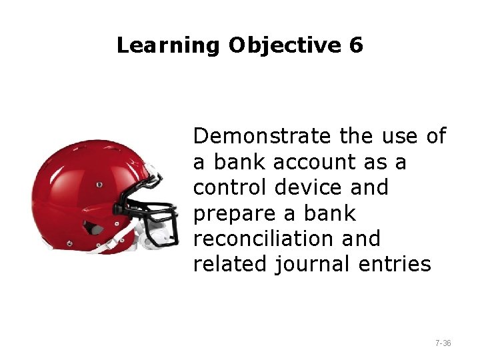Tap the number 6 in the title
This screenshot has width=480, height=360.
click(x=355, y=45)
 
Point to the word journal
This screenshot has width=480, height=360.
click(x=313, y=264)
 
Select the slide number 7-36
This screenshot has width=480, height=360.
click(x=443, y=343)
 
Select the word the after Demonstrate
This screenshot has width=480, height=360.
click(x=357, y=137)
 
